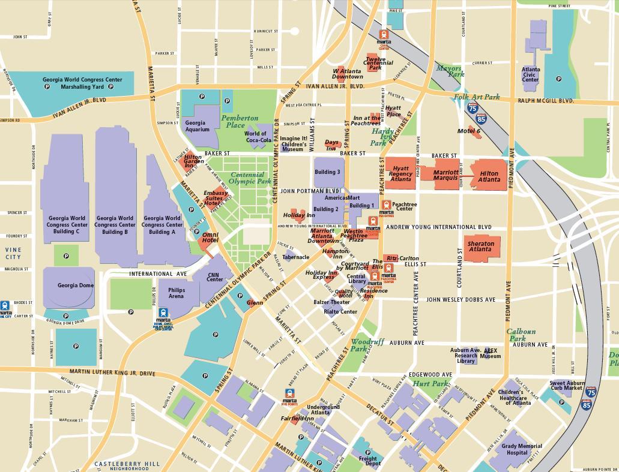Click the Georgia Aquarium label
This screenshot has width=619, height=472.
click(197, 126)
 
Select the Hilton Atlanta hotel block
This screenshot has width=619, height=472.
click(489, 175)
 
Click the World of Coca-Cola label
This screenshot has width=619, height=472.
click(255, 137)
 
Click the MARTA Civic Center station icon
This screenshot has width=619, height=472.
click(384, 39)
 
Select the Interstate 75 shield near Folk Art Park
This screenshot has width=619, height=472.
click(473, 109)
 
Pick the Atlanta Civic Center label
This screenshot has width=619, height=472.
click(531, 74)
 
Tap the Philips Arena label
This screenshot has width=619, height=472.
click(177, 293)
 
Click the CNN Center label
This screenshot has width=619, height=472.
click(215, 276)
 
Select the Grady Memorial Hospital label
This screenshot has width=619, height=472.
click(522, 449)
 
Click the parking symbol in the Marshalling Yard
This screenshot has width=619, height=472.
click(47, 87)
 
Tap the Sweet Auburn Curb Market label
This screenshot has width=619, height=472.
click(566, 385)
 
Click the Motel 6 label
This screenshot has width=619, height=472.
click(469, 131)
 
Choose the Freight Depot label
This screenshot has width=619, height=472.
click(368, 461)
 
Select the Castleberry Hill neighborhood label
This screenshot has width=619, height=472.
click(127, 465)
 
